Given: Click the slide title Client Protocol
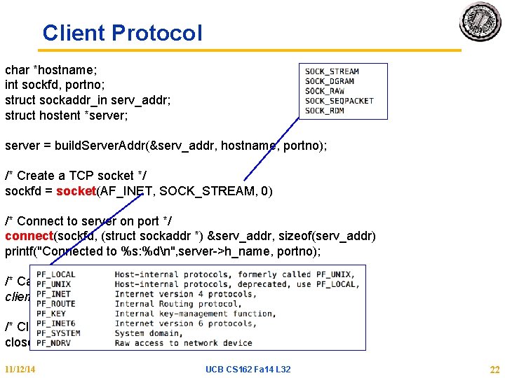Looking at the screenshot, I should click(x=122, y=33).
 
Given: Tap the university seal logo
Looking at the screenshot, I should click(x=480, y=22).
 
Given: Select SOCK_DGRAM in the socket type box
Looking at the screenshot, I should click(x=330, y=81).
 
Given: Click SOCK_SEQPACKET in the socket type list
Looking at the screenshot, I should click(x=339, y=101).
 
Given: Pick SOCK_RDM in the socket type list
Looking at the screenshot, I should click(x=324, y=111).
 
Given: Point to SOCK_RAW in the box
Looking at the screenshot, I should click(x=325, y=91).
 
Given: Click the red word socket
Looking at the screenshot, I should click(x=76, y=191).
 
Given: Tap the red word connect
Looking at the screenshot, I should click(x=29, y=236).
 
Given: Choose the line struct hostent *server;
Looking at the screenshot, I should click(x=67, y=115).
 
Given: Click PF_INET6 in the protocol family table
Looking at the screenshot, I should click(x=55, y=323).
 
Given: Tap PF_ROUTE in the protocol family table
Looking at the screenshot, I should click(x=55, y=304).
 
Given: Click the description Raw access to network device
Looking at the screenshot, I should click(x=183, y=343).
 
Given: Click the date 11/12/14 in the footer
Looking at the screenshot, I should click(x=20, y=369).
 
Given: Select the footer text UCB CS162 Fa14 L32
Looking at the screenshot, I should click(x=248, y=369).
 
